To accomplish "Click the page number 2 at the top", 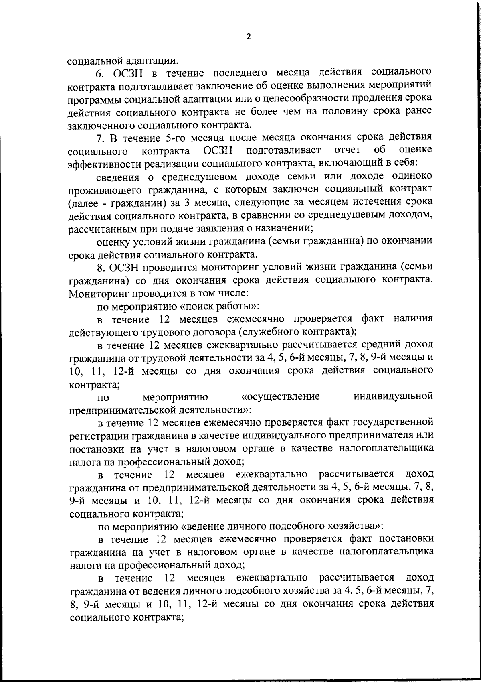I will pyautogui.click(x=249, y=37).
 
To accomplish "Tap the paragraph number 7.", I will pyautogui.click(x=99, y=138).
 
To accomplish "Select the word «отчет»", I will pyautogui.click(x=347, y=150).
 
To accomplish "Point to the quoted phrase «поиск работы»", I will pyautogui.click(x=221, y=306).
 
